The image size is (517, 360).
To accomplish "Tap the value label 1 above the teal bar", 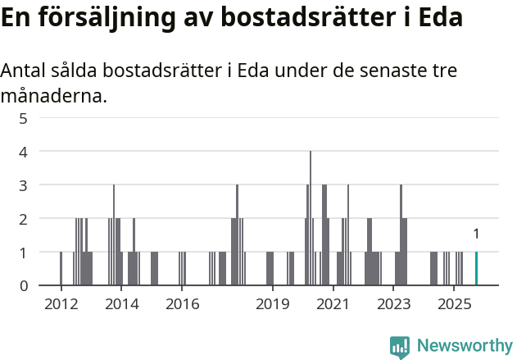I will coord(476,235).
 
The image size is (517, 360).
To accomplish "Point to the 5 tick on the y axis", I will coord(24,118).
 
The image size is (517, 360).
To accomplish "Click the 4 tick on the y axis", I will coord(24,152).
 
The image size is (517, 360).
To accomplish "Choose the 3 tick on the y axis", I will coord(24,185).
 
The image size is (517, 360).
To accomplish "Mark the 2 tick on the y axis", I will coord(24,219).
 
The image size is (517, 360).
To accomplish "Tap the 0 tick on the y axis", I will coord(24,286).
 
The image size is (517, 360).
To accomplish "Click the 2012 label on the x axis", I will coord(61,304).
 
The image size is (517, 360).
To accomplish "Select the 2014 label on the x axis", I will coord(121,304).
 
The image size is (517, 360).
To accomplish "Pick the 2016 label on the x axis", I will coord(182,304).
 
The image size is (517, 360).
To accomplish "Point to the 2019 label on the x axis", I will coord(273,304).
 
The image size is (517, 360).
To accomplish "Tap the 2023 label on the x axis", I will coord(393,304).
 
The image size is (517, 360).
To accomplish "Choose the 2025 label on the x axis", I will coord(454,304).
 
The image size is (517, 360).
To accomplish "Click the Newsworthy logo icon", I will coord(400,347).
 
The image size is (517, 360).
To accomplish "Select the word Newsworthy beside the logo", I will coord(465,346).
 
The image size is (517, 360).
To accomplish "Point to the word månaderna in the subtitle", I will coord(52,97).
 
